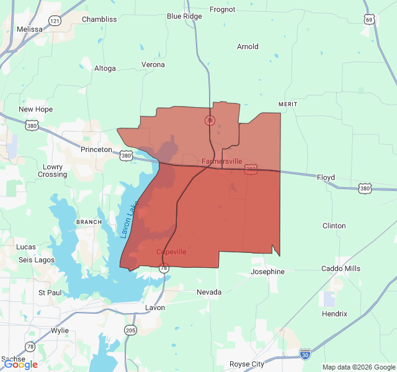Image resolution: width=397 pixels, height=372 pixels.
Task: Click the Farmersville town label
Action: tap(221, 161)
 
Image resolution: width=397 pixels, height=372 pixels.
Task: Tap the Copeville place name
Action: tap(171, 252)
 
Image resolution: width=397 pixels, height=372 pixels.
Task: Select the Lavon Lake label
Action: tap(127, 220)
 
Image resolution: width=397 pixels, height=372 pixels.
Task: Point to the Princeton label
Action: tap(96, 149)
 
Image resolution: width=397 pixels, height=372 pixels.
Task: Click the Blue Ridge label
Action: tap(184, 16)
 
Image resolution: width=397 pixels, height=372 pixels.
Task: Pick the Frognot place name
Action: tap(223, 9)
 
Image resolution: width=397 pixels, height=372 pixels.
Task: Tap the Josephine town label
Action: tap(267, 272)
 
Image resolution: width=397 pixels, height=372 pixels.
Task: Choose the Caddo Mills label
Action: tap(341, 268)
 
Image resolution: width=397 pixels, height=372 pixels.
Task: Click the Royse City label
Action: tap(247, 364)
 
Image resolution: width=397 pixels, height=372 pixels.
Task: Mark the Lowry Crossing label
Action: tap(52, 170)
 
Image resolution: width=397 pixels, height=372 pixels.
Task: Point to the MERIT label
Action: tap(288, 104)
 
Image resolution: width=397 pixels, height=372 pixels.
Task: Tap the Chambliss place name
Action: tap(99, 19)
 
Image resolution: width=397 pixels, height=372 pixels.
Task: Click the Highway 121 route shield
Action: tap(55, 21)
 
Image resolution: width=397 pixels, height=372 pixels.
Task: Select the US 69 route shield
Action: tap(369, 20)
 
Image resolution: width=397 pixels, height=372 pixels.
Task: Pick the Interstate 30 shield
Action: tap(305, 353)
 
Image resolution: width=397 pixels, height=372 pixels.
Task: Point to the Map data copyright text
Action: tap(358, 367)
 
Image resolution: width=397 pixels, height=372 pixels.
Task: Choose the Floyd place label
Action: tap(326, 177)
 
